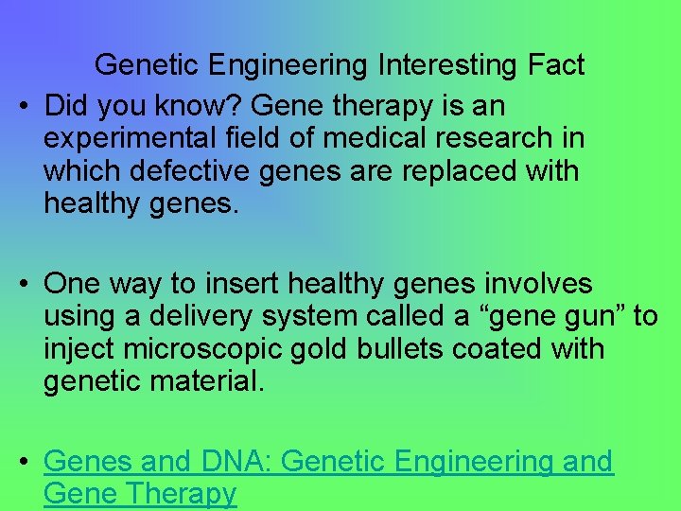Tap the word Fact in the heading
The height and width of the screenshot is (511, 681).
pyautogui.click(x=556, y=65)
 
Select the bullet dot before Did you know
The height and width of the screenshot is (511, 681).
pyautogui.click(x=24, y=105)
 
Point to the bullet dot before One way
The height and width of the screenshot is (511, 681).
pyautogui.click(x=24, y=284)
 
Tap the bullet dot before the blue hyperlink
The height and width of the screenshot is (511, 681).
pyautogui.click(x=24, y=462)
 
